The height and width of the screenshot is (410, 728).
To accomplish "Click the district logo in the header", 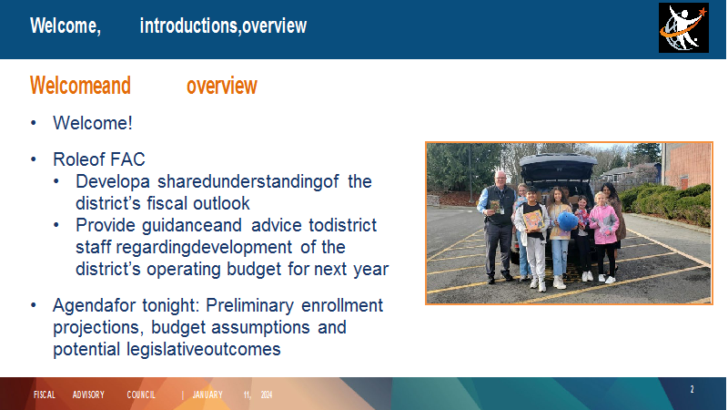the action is [x=683, y=28].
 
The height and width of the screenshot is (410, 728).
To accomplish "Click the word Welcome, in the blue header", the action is [x=66, y=26].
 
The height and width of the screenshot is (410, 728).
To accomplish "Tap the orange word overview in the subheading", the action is [x=221, y=86].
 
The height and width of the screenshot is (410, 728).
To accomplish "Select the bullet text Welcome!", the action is [x=93, y=123].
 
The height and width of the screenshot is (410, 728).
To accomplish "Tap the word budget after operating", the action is [x=254, y=269].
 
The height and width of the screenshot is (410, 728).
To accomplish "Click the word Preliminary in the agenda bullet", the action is [x=249, y=305].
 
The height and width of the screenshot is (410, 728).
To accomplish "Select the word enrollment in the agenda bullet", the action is [x=342, y=305].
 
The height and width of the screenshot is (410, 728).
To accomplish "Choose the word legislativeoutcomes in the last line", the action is [x=204, y=349].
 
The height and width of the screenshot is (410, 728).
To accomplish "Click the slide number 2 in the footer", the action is [x=692, y=390].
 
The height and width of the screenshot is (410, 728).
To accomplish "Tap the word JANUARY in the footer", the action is [x=207, y=395].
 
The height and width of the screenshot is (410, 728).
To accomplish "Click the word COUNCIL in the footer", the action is [x=141, y=395].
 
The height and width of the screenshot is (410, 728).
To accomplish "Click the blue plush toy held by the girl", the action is [x=567, y=221].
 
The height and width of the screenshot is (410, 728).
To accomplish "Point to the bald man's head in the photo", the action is [x=500, y=179].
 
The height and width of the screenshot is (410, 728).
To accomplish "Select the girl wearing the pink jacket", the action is [x=603, y=237].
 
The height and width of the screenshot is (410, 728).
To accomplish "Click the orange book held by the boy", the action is [x=533, y=220].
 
